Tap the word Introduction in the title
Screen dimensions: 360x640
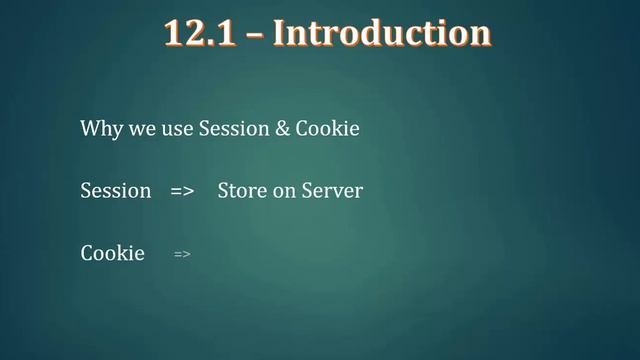coord(382,33)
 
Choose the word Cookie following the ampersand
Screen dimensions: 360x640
coord(327,130)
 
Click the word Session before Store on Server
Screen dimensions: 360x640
coord(115,190)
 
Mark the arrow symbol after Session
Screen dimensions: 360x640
coord(181,191)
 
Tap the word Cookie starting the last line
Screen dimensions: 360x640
coord(112,253)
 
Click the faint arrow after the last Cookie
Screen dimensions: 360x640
coord(182,255)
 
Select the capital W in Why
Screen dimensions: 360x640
coord(89,130)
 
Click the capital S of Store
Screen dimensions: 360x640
coord(223,190)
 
